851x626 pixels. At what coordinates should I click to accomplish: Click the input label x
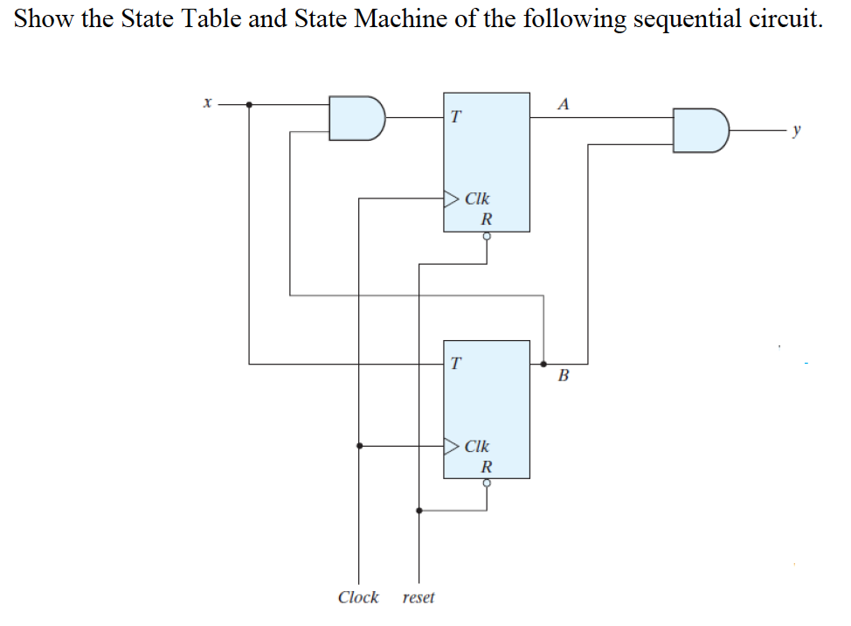pos(207,104)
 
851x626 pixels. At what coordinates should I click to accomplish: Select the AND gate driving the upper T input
pos(356,118)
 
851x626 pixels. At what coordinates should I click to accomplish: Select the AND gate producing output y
pos(700,130)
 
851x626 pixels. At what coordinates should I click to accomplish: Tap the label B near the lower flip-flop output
pos(563,377)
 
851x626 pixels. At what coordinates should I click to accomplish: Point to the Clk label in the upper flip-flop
pos(477,198)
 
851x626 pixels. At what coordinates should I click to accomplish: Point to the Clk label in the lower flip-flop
pos(477,446)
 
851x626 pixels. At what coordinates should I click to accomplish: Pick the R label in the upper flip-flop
pos(487,218)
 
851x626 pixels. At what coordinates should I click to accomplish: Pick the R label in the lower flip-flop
pos(487,465)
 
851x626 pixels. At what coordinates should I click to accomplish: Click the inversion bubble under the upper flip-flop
pos(487,236)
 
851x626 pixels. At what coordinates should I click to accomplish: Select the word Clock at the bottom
pos(358,597)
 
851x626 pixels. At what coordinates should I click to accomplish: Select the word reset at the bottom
pos(419,598)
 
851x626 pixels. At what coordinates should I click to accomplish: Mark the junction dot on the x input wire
pos(250,105)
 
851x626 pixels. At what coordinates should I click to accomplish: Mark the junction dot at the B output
pos(543,363)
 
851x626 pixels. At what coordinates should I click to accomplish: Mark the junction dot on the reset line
pos(419,511)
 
